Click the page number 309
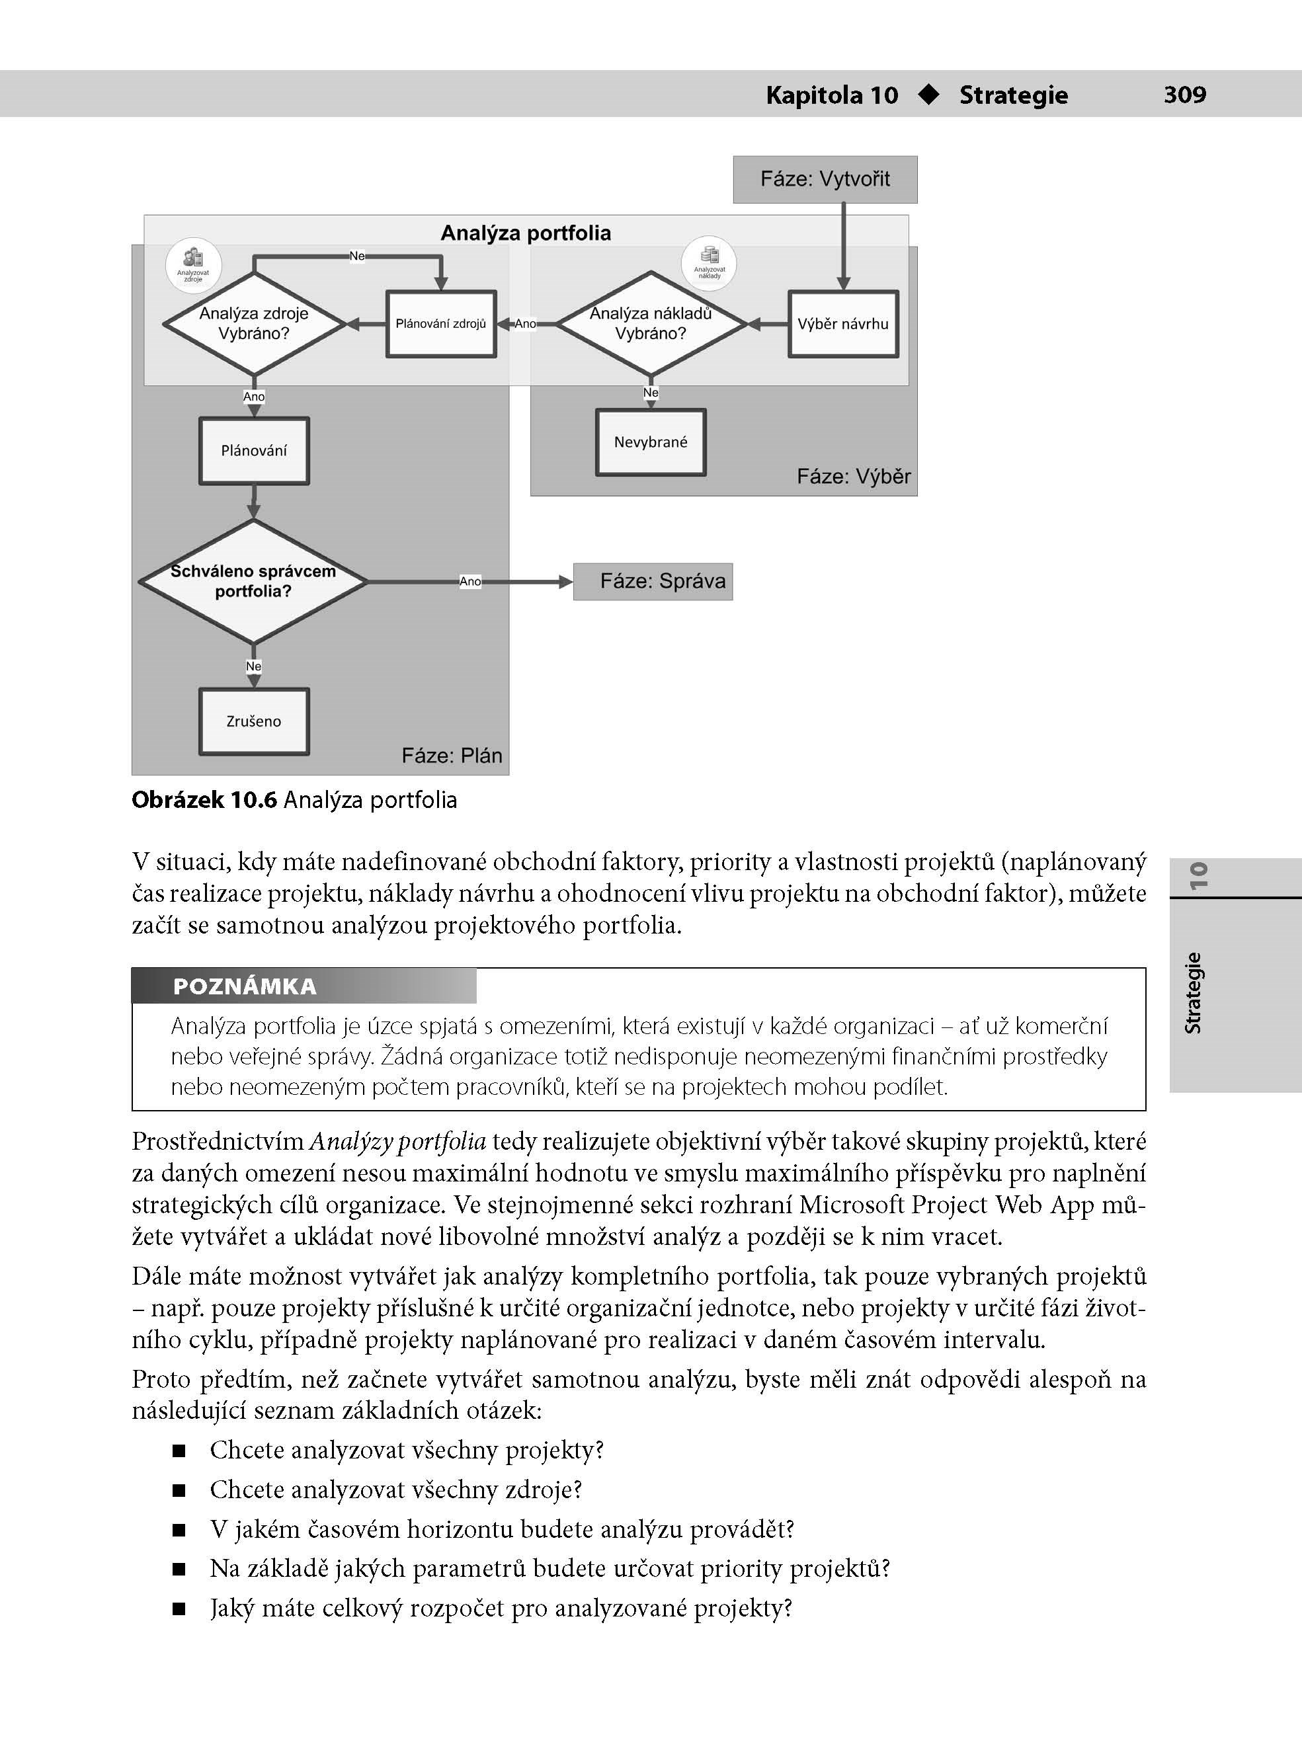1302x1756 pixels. [1184, 95]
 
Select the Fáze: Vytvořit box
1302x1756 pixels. [825, 180]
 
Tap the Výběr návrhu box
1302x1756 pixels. [842, 324]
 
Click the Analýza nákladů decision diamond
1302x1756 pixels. [650, 324]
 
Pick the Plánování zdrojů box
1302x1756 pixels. [440, 324]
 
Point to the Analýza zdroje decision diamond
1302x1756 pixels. [254, 324]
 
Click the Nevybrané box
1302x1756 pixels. [650, 442]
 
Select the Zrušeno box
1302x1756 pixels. [254, 721]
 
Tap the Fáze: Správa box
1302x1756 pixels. [653, 581]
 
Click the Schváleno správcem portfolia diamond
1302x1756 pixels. [254, 581]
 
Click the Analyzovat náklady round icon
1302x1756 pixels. [710, 262]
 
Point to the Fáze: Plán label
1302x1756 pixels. [452, 756]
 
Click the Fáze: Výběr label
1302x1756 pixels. [853, 476]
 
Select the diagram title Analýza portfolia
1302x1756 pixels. [526, 233]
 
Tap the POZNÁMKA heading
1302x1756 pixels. [244, 986]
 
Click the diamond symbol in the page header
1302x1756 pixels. [929, 95]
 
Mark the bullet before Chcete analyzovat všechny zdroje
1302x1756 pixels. [179, 1490]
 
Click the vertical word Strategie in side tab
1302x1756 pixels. [1194, 992]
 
